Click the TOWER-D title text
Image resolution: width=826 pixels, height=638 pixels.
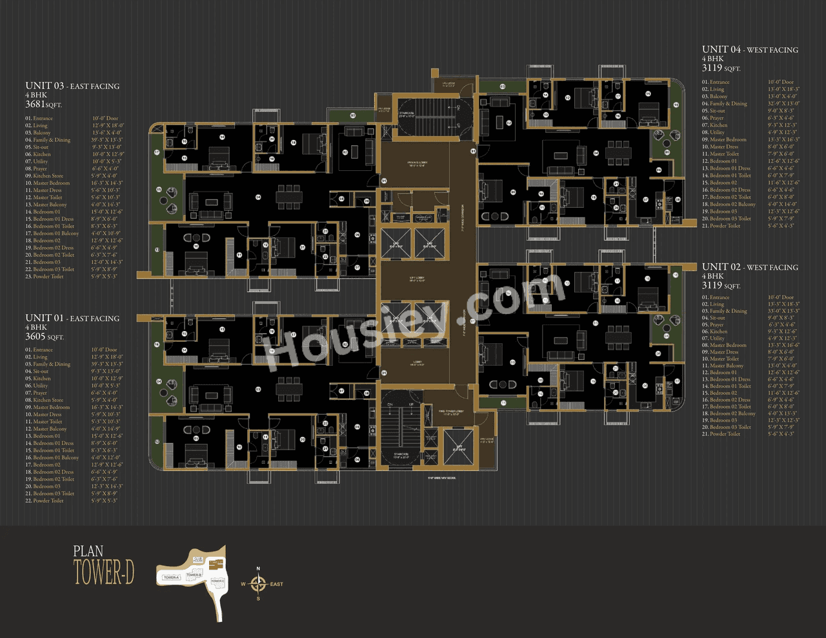point(104,572)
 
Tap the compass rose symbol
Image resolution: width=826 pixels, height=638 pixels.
point(258,584)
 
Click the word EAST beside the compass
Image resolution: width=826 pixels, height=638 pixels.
point(276,584)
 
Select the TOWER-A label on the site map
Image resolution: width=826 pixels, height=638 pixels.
point(171,577)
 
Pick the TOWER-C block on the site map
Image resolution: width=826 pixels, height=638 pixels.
point(217,581)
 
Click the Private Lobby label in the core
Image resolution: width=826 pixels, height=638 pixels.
point(414,163)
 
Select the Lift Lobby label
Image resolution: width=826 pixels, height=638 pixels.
point(414,279)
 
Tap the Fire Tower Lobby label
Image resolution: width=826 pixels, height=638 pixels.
point(451,411)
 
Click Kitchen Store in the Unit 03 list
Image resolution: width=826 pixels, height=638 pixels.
point(48,175)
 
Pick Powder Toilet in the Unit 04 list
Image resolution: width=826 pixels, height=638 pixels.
point(725,226)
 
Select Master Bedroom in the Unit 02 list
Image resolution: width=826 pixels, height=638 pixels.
point(728,345)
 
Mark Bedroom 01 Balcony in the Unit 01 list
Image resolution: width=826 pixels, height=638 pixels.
point(56,457)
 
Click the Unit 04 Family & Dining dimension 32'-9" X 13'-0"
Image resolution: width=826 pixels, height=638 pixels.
point(783,103)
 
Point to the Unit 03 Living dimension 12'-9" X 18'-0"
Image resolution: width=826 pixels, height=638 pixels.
point(108,125)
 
